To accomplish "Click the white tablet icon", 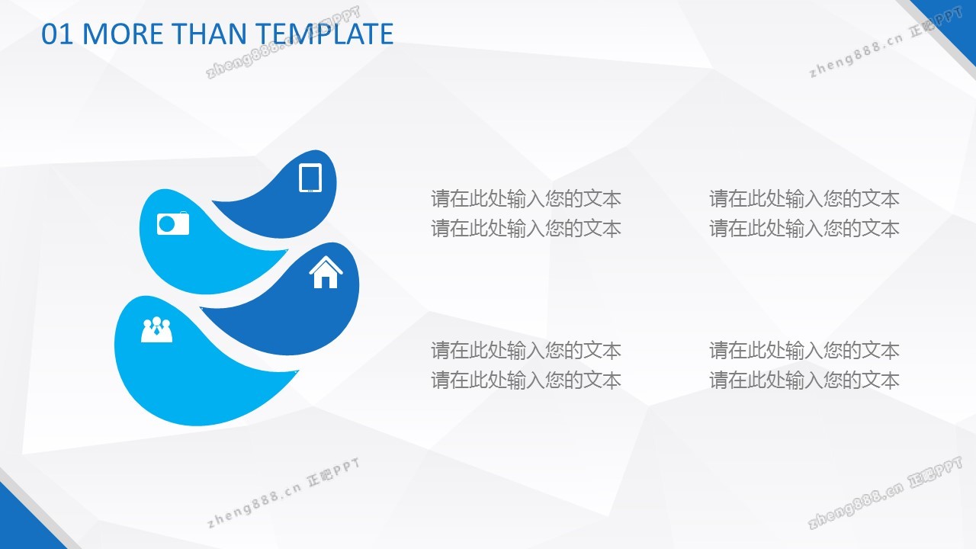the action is point(310,178).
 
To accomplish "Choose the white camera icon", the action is point(173,223).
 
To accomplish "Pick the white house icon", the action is point(326,272).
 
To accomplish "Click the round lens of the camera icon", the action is point(166,224).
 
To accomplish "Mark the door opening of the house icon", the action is point(326,283).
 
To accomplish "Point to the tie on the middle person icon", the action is point(157,331).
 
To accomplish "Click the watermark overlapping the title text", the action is point(283,43).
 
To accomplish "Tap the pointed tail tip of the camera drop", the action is point(287,251).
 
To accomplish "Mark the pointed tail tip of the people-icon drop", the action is point(298,371).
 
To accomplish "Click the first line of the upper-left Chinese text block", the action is point(526,199).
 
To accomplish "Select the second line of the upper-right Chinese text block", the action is point(804,228).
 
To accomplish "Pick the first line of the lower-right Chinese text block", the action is point(804,350).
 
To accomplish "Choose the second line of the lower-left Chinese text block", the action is point(526,380).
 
